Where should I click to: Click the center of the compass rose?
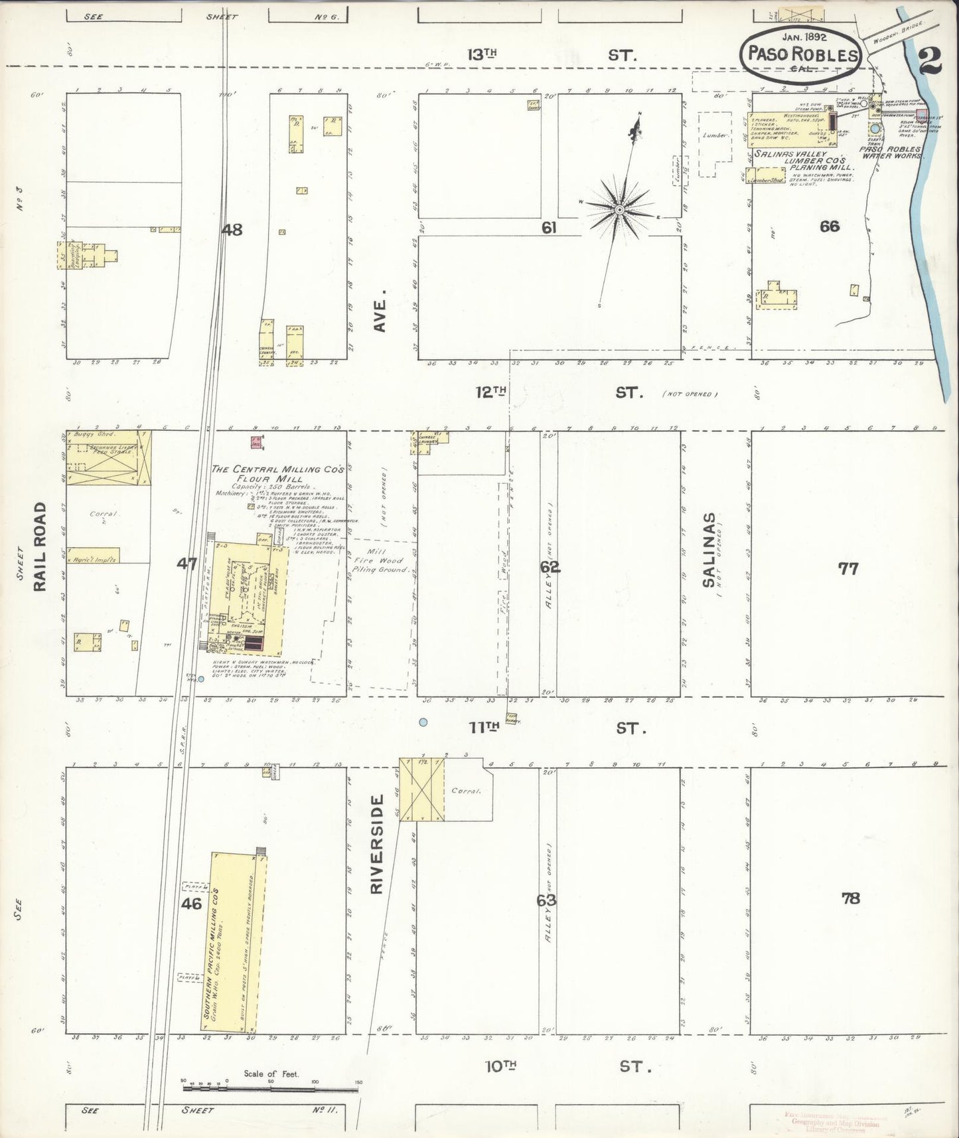[x=619, y=210]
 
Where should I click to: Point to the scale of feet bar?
[x=271, y=1088]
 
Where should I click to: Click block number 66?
[x=829, y=226]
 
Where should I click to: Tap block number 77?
[x=848, y=568]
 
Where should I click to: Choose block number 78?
[x=850, y=898]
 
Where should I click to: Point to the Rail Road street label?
[x=40, y=546]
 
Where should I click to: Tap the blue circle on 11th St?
[x=423, y=722]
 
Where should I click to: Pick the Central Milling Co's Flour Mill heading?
[x=277, y=473]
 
